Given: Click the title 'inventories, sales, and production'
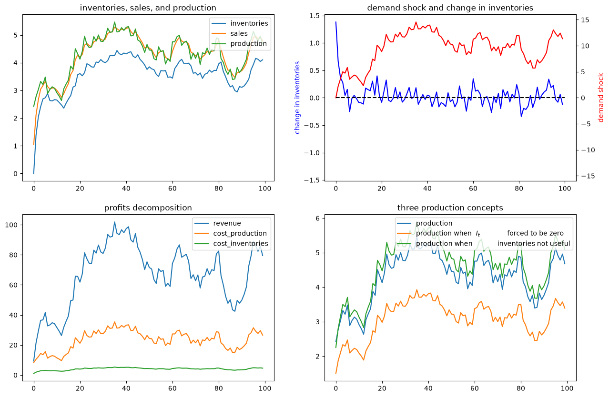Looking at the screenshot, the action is (x=148, y=8).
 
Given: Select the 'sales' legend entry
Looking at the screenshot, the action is (x=239, y=33).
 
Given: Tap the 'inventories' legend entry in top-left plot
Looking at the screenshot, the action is (x=249, y=23).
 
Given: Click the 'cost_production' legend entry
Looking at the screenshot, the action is (x=240, y=233).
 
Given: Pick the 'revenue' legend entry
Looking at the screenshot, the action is (x=227, y=223).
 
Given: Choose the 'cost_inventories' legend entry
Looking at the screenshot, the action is (x=241, y=243).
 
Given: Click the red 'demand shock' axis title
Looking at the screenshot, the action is (x=600, y=98).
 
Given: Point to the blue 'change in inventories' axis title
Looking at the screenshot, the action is (x=297, y=98).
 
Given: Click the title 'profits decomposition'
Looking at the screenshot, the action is (x=148, y=208).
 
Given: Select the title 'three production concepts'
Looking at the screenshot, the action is (x=450, y=208).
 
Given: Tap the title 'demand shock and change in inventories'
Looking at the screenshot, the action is (x=450, y=8).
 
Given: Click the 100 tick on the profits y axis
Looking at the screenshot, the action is (x=11, y=225).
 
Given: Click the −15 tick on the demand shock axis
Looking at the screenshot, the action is (x=588, y=176).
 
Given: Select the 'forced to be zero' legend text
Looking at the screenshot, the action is (x=535, y=233).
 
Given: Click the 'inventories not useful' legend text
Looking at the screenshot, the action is (x=534, y=244).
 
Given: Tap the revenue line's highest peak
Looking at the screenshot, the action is (x=114, y=222).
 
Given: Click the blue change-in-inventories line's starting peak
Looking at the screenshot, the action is (x=336, y=22).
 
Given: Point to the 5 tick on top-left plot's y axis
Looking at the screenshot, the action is (x=15, y=35).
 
